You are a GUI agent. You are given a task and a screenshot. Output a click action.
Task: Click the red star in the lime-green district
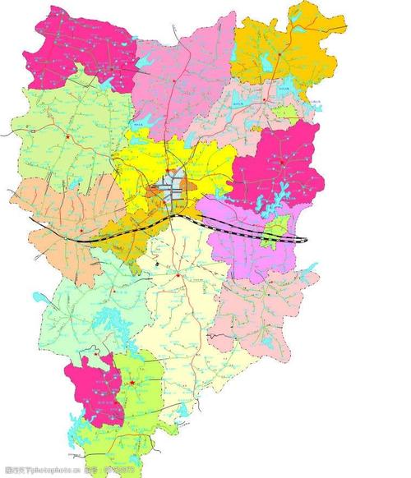[132, 382]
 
